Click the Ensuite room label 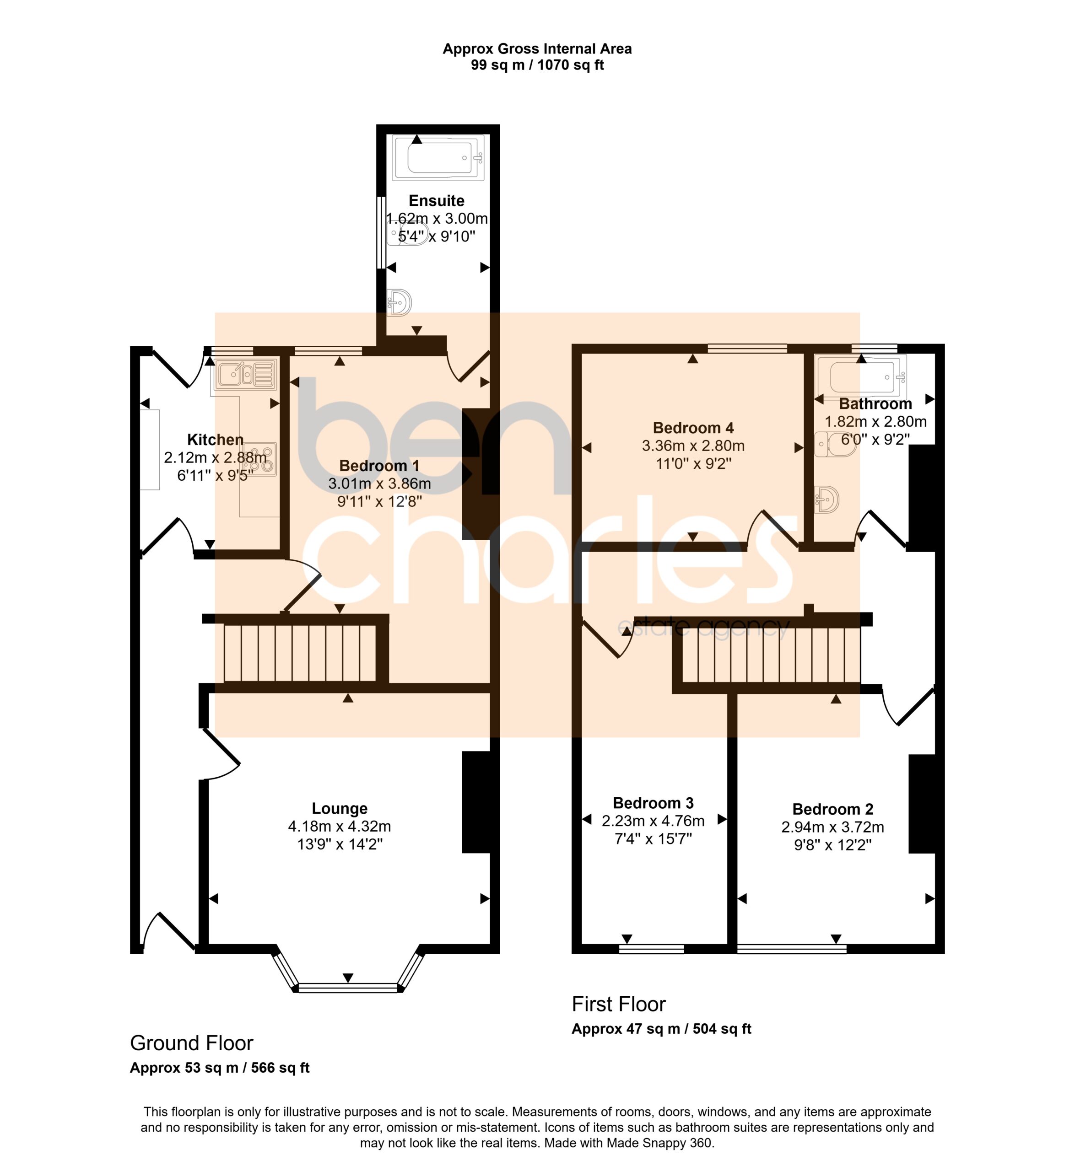pyautogui.click(x=436, y=201)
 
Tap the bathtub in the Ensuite pyautogui.click(x=438, y=157)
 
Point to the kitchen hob pyautogui.click(x=260, y=459)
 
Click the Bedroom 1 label pyautogui.click(x=379, y=466)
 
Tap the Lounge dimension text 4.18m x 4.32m pyautogui.click(x=339, y=826)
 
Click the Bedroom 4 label pyautogui.click(x=693, y=428)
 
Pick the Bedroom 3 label pyautogui.click(x=653, y=803)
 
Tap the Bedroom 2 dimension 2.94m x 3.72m pyautogui.click(x=832, y=827)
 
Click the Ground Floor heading pyautogui.click(x=191, y=1059)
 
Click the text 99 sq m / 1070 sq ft pyautogui.click(x=537, y=65)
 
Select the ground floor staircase pyautogui.click(x=300, y=652)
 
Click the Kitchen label pyautogui.click(x=215, y=440)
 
